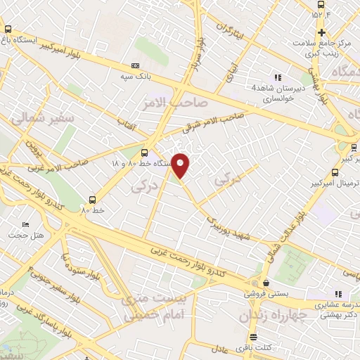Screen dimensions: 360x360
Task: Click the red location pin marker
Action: click(181, 166)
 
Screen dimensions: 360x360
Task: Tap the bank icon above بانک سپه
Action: click(135, 65)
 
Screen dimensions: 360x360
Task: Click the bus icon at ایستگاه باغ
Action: click(8, 30)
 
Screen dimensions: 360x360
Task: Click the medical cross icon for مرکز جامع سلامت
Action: click(321, 33)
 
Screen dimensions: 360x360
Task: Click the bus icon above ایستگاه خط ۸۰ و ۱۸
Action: click(144, 152)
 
